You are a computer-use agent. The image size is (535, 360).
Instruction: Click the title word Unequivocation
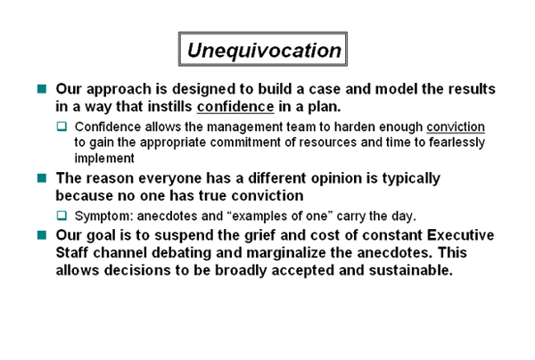[264, 51]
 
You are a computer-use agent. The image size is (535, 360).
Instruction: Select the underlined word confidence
[235, 107]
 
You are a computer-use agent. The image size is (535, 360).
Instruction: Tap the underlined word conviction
[456, 127]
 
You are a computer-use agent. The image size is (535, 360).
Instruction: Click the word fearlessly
[457, 143]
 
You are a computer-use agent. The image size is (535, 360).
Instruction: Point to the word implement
[104, 159]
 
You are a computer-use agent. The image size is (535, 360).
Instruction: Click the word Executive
[460, 235]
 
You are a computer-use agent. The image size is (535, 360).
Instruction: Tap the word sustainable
[410, 270]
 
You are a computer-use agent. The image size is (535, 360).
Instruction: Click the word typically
[411, 178]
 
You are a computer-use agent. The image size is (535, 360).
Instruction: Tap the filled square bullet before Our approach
[42, 89]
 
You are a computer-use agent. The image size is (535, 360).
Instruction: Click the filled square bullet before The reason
[42, 178]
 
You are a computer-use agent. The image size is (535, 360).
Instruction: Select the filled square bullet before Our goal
[42, 235]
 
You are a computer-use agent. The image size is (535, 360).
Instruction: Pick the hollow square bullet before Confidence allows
[62, 127]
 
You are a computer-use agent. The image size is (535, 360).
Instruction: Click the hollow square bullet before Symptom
[62, 216]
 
